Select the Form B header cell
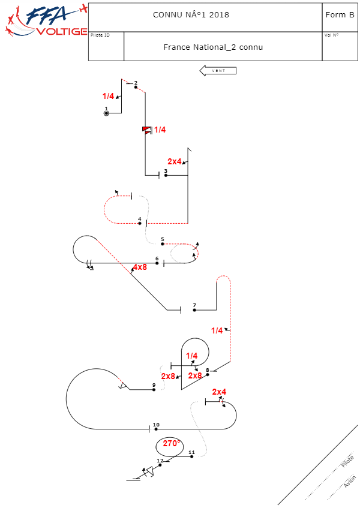pos(340,14)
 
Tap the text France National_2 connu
pos(213,47)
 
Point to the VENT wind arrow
pos(218,71)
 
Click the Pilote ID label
pos(100,35)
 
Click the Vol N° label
pos(331,35)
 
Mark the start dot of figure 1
pos(106,113)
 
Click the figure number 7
pos(194,305)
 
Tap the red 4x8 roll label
pos(140,267)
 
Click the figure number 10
pos(156,425)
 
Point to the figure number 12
pos(160,461)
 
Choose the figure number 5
pos(162,239)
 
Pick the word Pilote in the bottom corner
pos(347,461)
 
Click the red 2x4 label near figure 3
pos(175,161)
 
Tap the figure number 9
pos(154,385)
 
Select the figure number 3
pos(166,171)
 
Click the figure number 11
pos(191,452)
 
